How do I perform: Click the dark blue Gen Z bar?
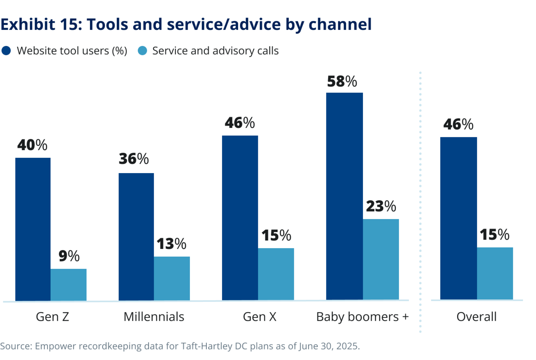tap(33, 229)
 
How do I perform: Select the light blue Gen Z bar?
tap(69, 285)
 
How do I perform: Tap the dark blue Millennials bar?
tap(136, 237)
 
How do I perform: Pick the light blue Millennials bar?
tap(172, 278)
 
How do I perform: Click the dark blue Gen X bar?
tap(240, 218)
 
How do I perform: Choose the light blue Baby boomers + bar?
tap(381, 259)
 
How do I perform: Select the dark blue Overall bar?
tap(458, 218)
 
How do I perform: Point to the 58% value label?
tap(342, 81)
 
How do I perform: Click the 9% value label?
tap(69, 256)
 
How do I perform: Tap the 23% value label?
tap(381, 206)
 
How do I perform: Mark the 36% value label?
tap(134, 159)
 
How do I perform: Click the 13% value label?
tap(171, 244)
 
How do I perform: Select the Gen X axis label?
tap(259, 316)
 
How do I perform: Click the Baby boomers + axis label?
tap(362, 316)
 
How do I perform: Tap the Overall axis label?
tap(476, 316)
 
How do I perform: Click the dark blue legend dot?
tap(6, 51)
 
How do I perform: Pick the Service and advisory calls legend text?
tap(215, 51)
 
